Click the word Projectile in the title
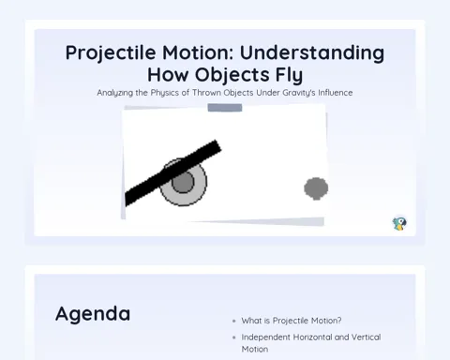tap(111, 53)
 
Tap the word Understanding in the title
tap(312, 52)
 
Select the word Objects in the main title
tap(232, 75)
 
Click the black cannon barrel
tap(172, 172)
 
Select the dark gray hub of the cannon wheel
tap(183, 182)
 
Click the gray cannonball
tap(316, 188)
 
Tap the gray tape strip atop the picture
tap(225, 108)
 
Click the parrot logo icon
tap(399, 224)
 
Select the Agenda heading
tap(93, 314)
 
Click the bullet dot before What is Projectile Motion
tap(234, 321)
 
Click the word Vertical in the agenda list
tap(366, 337)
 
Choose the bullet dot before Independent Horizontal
tap(234, 337)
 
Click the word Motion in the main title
tap(198, 52)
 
